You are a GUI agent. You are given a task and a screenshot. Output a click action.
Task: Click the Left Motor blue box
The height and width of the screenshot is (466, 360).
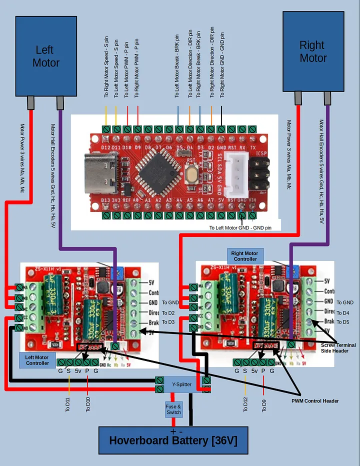[x=46, y=56]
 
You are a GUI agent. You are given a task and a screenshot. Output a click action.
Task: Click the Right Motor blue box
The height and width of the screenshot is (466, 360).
[x=313, y=51]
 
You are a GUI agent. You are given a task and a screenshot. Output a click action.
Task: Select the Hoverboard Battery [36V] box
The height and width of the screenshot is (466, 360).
[x=173, y=440]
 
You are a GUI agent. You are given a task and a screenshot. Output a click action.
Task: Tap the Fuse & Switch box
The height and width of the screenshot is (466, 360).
[x=173, y=409]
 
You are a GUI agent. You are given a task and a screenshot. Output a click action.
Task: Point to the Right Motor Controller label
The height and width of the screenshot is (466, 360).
[x=245, y=256]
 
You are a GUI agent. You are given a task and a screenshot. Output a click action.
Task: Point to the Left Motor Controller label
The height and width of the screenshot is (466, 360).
[x=37, y=360]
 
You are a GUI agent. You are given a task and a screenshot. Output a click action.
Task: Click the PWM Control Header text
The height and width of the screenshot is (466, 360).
[x=315, y=401]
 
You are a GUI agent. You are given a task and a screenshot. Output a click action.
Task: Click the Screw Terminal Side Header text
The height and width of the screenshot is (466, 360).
[x=338, y=348]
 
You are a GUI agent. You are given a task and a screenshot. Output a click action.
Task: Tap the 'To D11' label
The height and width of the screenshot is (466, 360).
[x=68, y=402]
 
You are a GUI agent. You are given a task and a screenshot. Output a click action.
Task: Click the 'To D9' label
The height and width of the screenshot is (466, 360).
[x=263, y=404]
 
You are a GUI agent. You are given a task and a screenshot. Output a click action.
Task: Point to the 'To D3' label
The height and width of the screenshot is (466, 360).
[x=168, y=322]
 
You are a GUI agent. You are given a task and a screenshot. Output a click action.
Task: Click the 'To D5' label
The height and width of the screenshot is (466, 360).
[x=343, y=322]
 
